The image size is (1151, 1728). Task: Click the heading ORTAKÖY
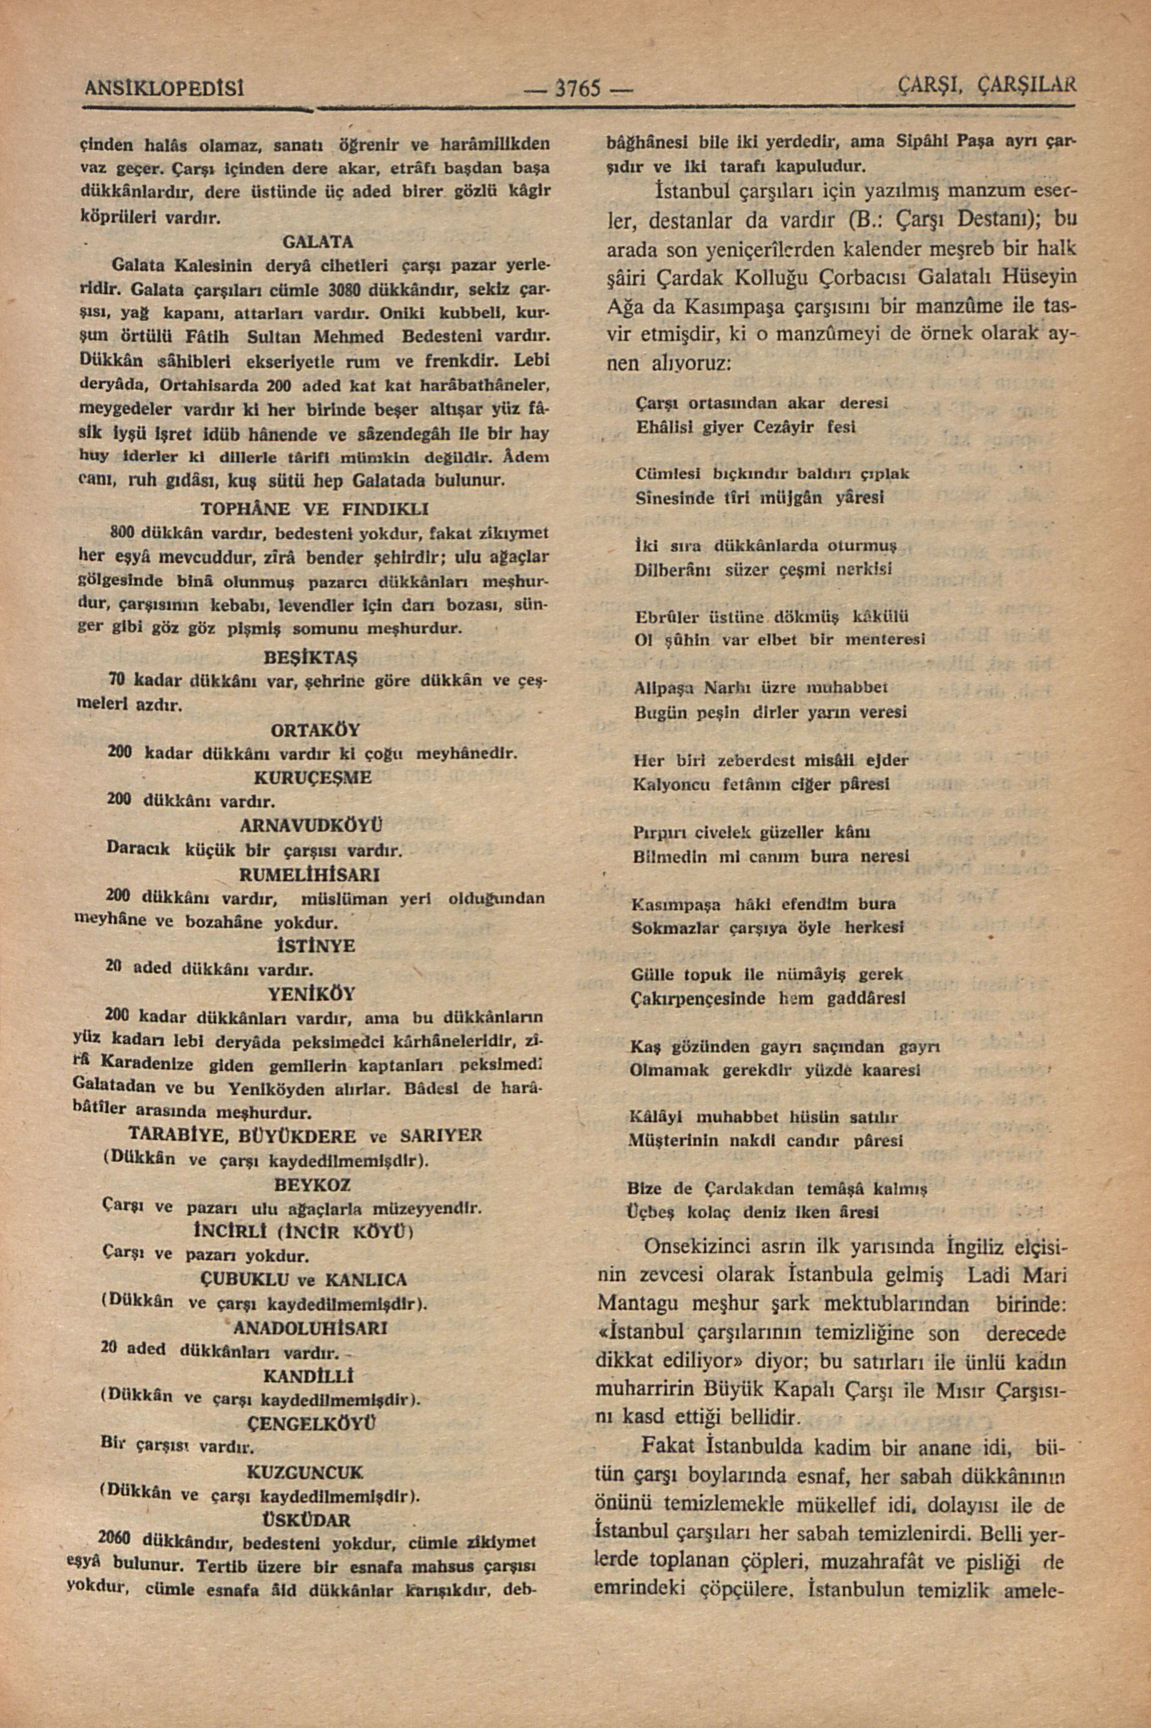(x=316, y=731)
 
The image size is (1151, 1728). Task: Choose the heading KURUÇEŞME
(x=313, y=776)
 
